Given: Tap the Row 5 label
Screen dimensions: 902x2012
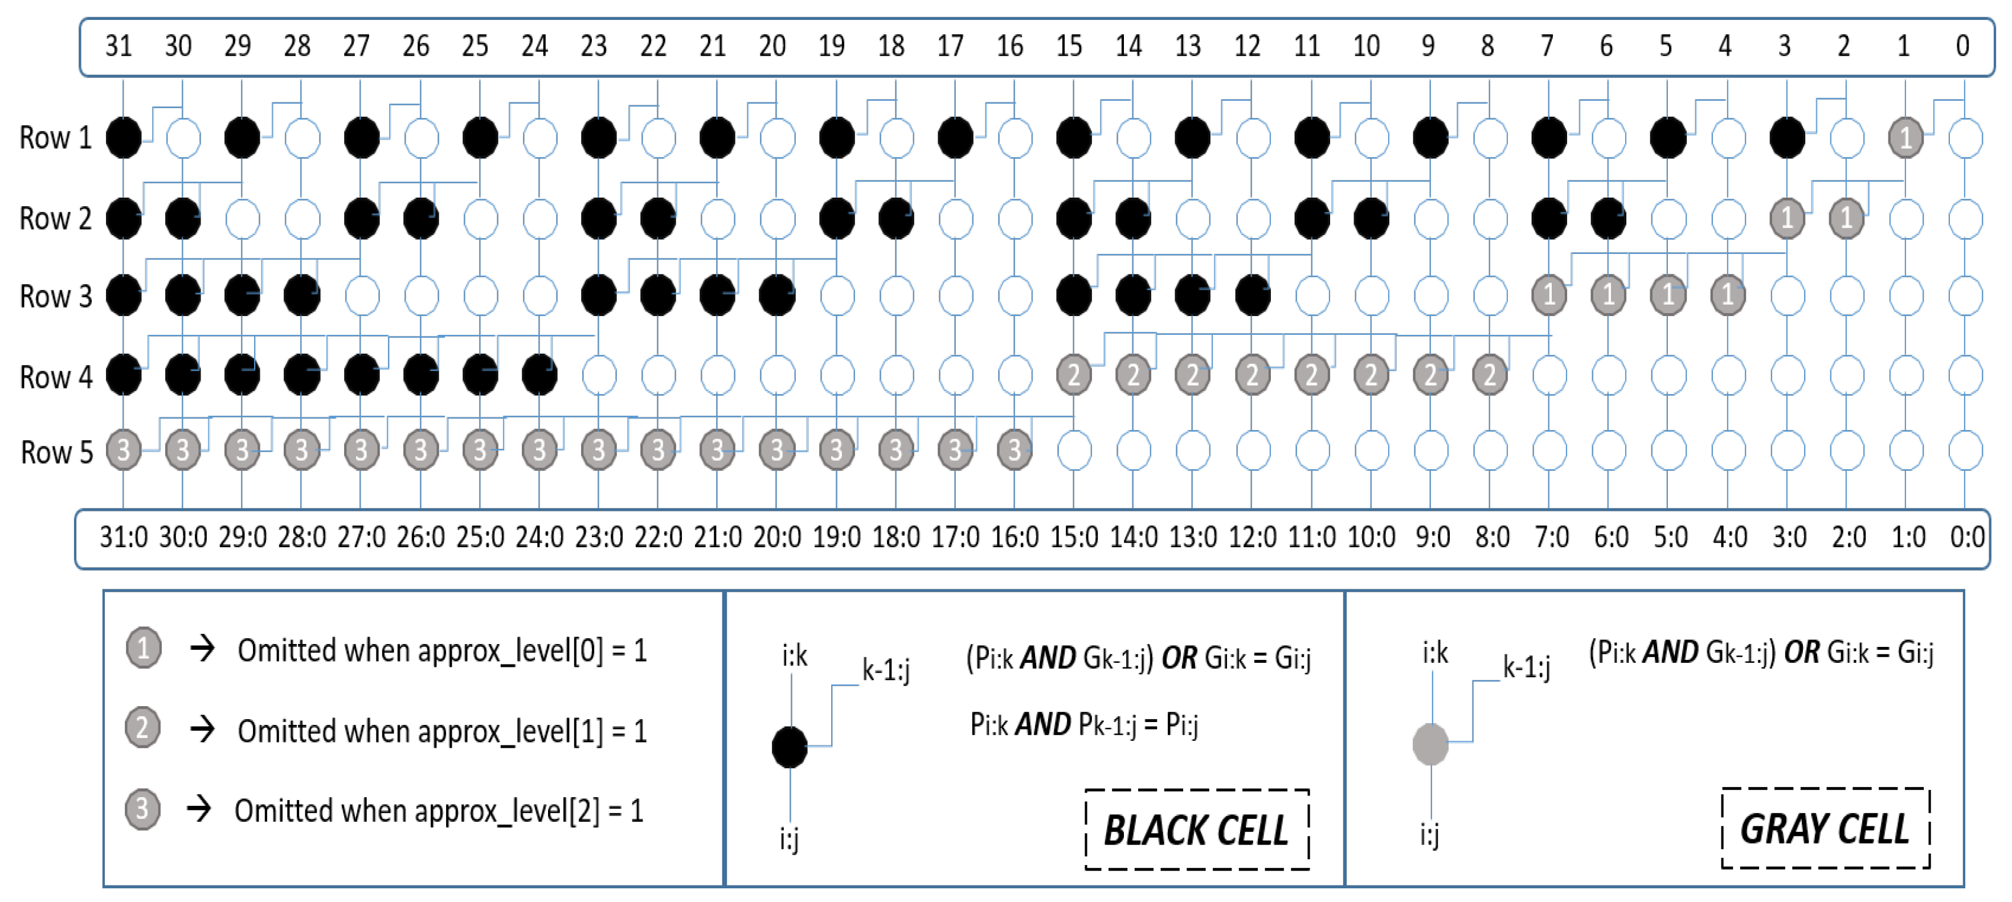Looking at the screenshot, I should click(x=57, y=452).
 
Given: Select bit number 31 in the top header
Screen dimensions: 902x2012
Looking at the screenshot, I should click(x=118, y=46).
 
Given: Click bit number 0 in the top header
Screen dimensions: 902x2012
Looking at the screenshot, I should click(x=1962, y=46).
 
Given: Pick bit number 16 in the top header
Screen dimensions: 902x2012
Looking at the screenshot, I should click(x=1009, y=46).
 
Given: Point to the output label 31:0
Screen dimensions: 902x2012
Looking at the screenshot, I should click(x=124, y=538).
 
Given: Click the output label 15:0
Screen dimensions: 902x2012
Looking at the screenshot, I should click(x=1074, y=538).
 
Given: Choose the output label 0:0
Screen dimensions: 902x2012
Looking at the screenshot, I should click(x=1966, y=538).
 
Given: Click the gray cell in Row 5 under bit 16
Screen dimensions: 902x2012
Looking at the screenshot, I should click(x=1014, y=450).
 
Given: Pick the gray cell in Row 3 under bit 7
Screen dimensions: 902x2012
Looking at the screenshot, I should click(x=1549, y=294).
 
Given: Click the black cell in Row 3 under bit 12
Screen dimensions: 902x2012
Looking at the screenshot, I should click(x=1252, y=295).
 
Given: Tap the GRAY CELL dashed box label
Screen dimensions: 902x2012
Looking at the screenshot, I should click(x=1825, y=828).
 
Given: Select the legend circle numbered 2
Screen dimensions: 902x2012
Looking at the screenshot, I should click(x=143, y=728).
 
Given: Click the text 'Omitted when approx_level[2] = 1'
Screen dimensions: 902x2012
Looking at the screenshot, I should click(x=439, y=811).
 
